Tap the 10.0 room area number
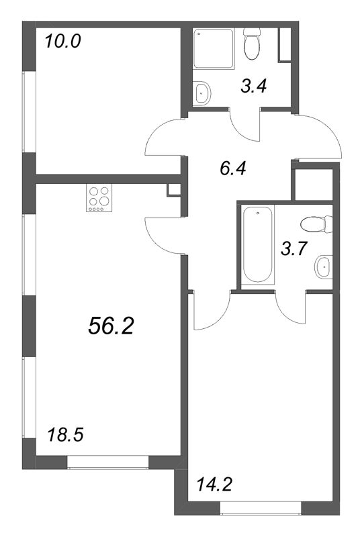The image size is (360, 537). pyautogui.click(x=62, y=42)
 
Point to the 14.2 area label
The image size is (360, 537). pyautogui.click(x=214, y=483)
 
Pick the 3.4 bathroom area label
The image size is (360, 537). pyautogui.click(x=255, y=85)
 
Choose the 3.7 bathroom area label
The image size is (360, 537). pyautogui.click(x=294, y=249)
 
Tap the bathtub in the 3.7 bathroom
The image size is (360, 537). pyautogui.click(x=257, y=245)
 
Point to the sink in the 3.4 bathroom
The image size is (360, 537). pyautogui.click(x=201, y=92)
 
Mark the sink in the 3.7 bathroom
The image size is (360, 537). pyautogui.click(x=323, y=266)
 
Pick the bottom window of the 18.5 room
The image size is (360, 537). pyautogui.click(x=107, y=462)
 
